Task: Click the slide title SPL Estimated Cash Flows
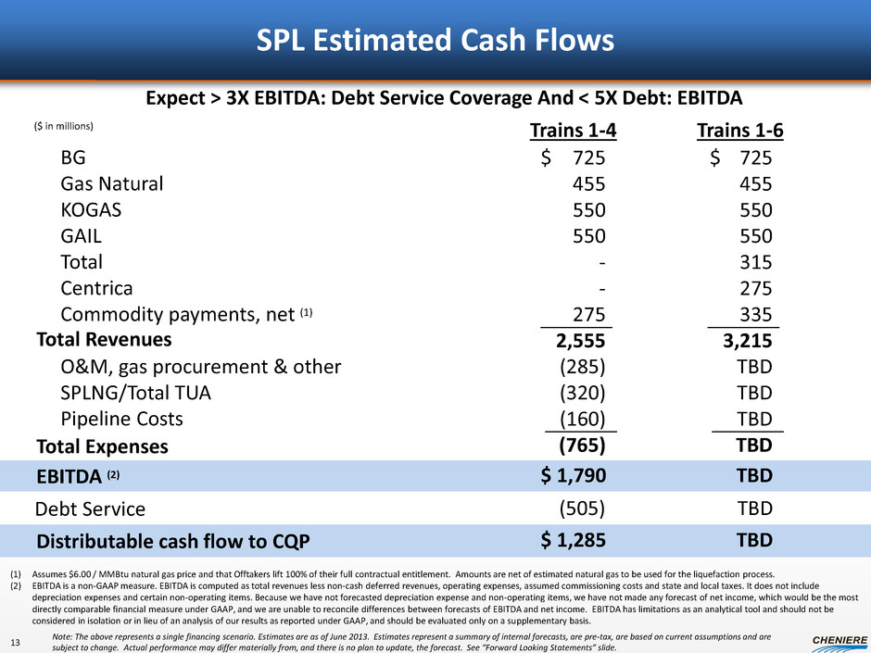(x=435, y=41)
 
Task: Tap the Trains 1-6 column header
(x=740, y=132)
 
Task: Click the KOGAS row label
(x=90, y=209)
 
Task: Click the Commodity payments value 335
(x=754, y=313)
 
